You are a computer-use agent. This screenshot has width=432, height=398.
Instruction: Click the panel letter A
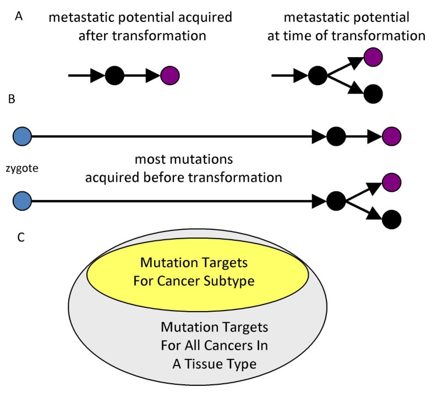click(18, 16)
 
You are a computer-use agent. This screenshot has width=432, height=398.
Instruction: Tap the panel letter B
click(12, 99)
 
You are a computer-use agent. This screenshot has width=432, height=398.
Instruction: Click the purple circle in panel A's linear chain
click(169, 75)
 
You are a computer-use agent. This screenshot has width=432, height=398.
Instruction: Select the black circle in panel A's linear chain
click(114, 75)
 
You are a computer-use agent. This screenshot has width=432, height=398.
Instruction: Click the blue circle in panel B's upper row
click(22, 135)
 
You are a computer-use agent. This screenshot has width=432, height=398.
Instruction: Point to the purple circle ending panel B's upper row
click(391, 135)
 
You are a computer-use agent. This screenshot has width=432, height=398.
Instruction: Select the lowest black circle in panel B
click(391, 218)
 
